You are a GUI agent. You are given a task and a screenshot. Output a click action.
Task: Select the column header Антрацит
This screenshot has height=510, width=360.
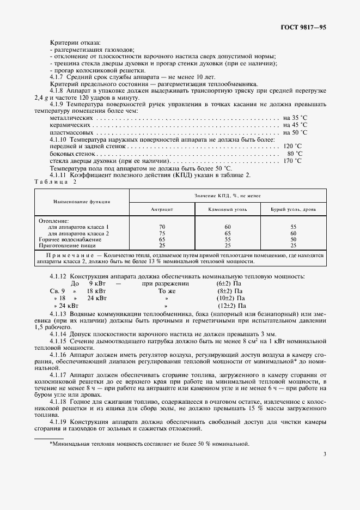pyautogui.click(x=162, y=209)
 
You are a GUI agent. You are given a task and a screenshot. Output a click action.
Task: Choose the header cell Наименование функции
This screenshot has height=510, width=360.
pyautogui.click(x=82, y=202)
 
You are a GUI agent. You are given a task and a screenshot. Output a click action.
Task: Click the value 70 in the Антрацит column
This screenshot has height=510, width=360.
pyautogui.click(x=162, y=226)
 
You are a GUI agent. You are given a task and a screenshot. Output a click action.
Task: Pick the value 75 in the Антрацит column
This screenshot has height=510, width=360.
pyautogui.click(x=162, y=233)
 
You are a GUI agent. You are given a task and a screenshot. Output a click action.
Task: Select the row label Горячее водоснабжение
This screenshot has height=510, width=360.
pyautogui.click(x=70, y=239)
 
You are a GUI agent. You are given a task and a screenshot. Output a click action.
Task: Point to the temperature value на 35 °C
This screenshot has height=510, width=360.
pyautogui.click(x=295, y=118)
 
